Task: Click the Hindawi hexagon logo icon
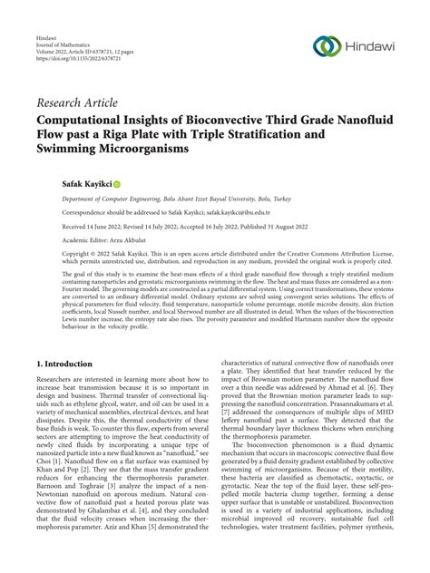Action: point(325,47)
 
